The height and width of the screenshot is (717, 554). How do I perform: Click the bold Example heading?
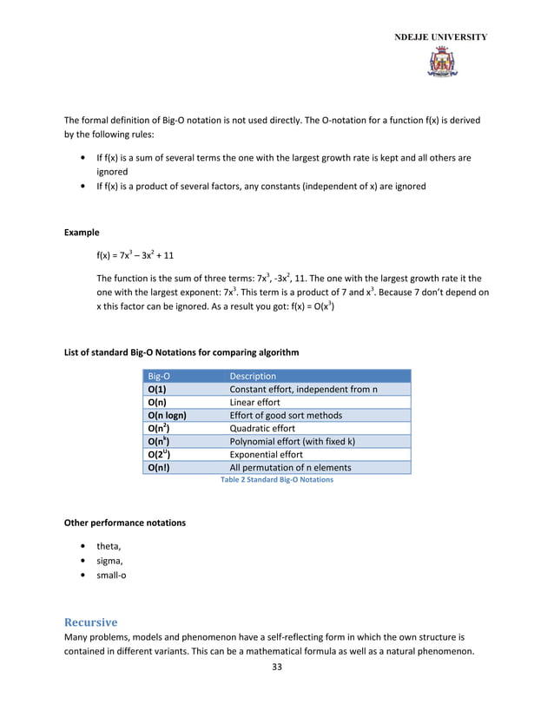point(82,233)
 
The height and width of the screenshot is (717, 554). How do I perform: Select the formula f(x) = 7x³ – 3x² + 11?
point(135,256)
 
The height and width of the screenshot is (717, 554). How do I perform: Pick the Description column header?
point(253,377)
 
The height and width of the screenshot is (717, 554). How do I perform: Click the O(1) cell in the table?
point(157,390)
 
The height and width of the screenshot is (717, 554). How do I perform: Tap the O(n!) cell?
point(159,468)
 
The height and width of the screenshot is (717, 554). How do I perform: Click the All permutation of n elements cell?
point(290,468)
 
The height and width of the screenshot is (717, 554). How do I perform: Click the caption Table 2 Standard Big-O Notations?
point(276,480)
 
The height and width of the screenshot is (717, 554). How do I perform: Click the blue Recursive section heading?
point(91,623)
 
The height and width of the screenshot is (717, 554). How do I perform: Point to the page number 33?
point(277,667)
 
